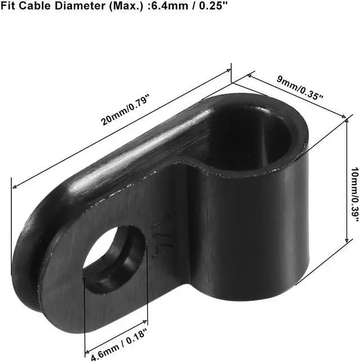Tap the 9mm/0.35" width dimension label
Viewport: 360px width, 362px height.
point(300,88)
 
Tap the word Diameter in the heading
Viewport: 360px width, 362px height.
point(80,6)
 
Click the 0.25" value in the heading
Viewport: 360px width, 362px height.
point(213,6)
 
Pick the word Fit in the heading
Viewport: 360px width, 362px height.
point(8,6)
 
